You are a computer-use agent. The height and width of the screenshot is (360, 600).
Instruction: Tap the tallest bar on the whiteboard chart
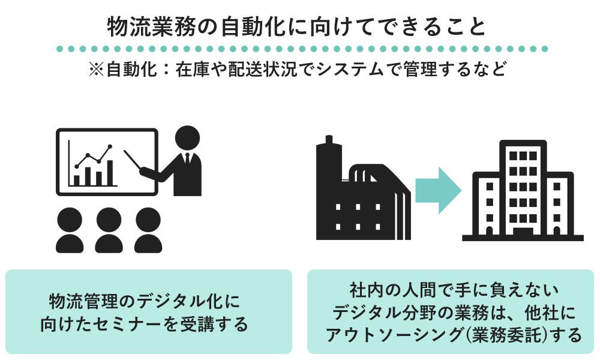(x=109, y=172)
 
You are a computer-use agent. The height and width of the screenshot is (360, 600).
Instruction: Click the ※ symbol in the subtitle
(x=97, y=70)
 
